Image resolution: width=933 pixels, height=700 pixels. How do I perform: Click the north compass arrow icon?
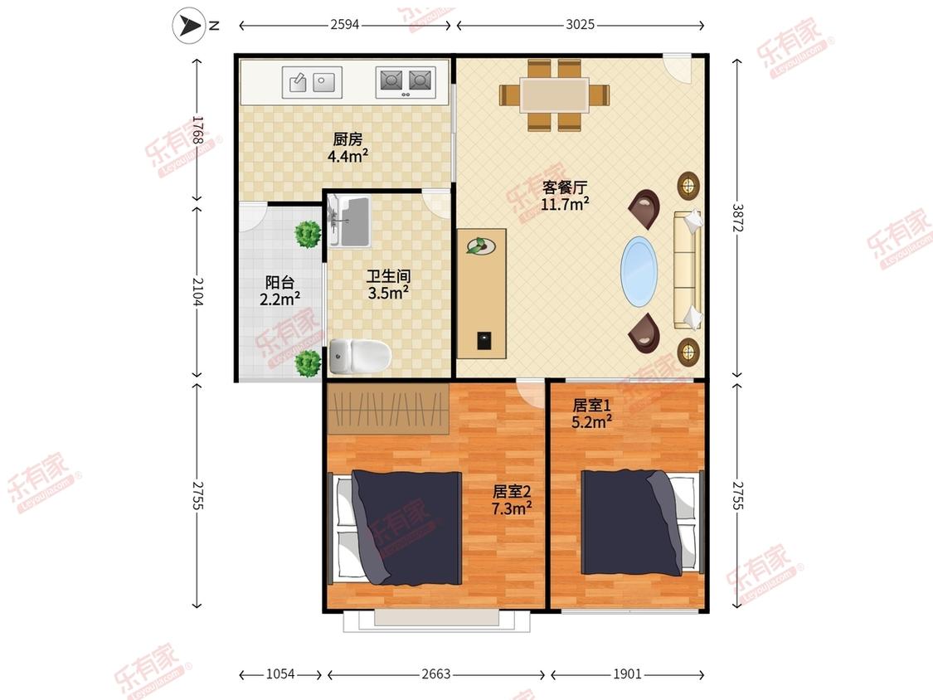(x=189, y=26)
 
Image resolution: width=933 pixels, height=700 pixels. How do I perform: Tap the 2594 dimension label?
(x=345, y=24)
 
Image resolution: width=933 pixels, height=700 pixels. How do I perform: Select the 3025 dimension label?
(x=580, y=24)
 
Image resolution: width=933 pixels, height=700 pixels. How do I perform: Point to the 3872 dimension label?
(x=737, y=218)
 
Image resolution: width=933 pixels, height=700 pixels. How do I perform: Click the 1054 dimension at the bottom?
(x=280, y=673)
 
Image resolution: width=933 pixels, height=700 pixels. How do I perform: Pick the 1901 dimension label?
(x=627, y=673)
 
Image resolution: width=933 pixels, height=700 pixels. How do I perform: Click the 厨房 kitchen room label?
(x=347, y=139)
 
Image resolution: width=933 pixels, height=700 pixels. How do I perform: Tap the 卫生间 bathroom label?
(x=388, y=276)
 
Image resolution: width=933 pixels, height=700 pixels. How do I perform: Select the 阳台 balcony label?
(x=279, y=282)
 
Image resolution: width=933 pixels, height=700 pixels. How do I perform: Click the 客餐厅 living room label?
(x=565, y=187)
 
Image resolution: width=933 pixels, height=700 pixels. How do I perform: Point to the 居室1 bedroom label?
(x=591, y=406)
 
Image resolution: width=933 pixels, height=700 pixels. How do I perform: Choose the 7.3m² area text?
(x=512, y=508)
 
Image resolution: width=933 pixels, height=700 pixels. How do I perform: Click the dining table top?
(x=555, y=95)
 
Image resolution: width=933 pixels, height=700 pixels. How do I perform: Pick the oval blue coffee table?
(x=639, y=272)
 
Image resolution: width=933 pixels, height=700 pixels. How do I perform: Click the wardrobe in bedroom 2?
(x=388, y=409)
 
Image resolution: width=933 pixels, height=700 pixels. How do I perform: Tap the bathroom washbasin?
(x=350, y=221)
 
